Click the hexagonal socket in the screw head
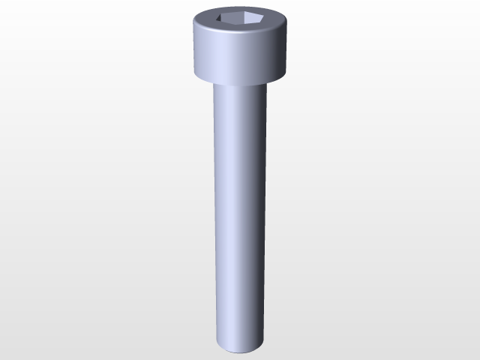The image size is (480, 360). tap(240, 22)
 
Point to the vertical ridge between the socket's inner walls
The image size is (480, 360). tap(240, 19)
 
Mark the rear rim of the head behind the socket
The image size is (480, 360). tap(240, 10)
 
